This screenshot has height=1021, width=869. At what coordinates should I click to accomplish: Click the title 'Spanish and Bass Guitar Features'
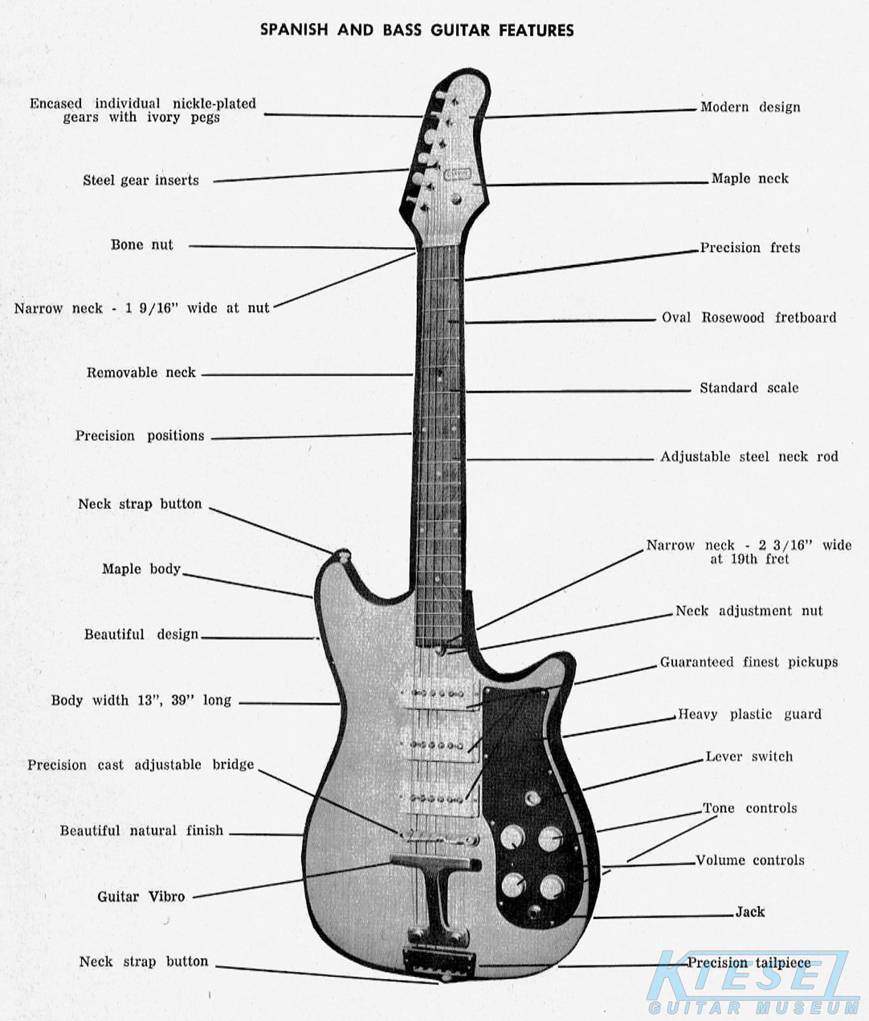point(417,30)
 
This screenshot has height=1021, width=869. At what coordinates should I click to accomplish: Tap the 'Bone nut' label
point(142,245)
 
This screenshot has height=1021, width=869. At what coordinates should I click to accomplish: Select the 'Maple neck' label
point(749,178)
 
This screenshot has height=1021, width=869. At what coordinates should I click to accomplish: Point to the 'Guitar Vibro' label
point(141,896)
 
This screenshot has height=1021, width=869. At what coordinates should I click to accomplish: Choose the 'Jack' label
point(750,912)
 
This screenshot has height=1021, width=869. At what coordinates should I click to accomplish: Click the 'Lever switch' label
point(749,756)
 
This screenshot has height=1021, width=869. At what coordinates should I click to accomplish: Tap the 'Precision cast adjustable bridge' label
point(140,765)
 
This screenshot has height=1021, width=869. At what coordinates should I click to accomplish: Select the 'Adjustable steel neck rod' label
point(749,456)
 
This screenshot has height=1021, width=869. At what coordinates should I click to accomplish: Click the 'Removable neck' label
point(141,372)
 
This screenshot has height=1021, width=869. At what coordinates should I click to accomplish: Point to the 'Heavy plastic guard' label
point(749,714)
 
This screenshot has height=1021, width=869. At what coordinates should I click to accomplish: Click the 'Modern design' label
point(750,107)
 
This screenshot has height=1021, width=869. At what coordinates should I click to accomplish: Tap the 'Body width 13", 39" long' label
point(141,700)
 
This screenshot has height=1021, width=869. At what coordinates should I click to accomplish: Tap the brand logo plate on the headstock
point(457,174)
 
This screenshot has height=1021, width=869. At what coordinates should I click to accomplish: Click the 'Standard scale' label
point(749,388)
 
